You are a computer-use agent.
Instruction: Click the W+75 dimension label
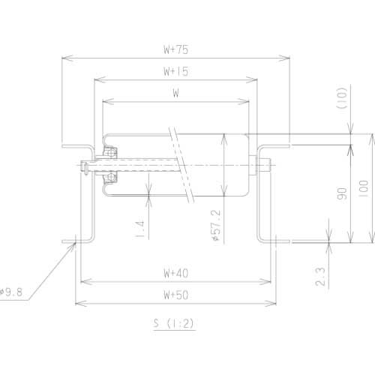click(175, 49)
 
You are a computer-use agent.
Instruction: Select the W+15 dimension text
click(175, 72)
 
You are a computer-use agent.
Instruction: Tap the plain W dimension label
click(175, 94)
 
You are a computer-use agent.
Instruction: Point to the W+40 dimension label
click(175, 273)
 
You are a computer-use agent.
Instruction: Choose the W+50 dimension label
click(175, 295)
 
